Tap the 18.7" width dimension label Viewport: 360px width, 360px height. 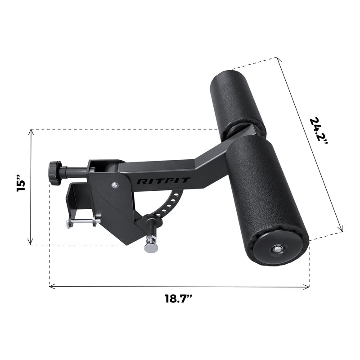(x=179, y=298)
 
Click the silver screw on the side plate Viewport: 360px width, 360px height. (x=116, y=184)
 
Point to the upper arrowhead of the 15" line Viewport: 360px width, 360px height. (x=31, y=131)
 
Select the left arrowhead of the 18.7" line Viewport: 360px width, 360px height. (x=51, y=286)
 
